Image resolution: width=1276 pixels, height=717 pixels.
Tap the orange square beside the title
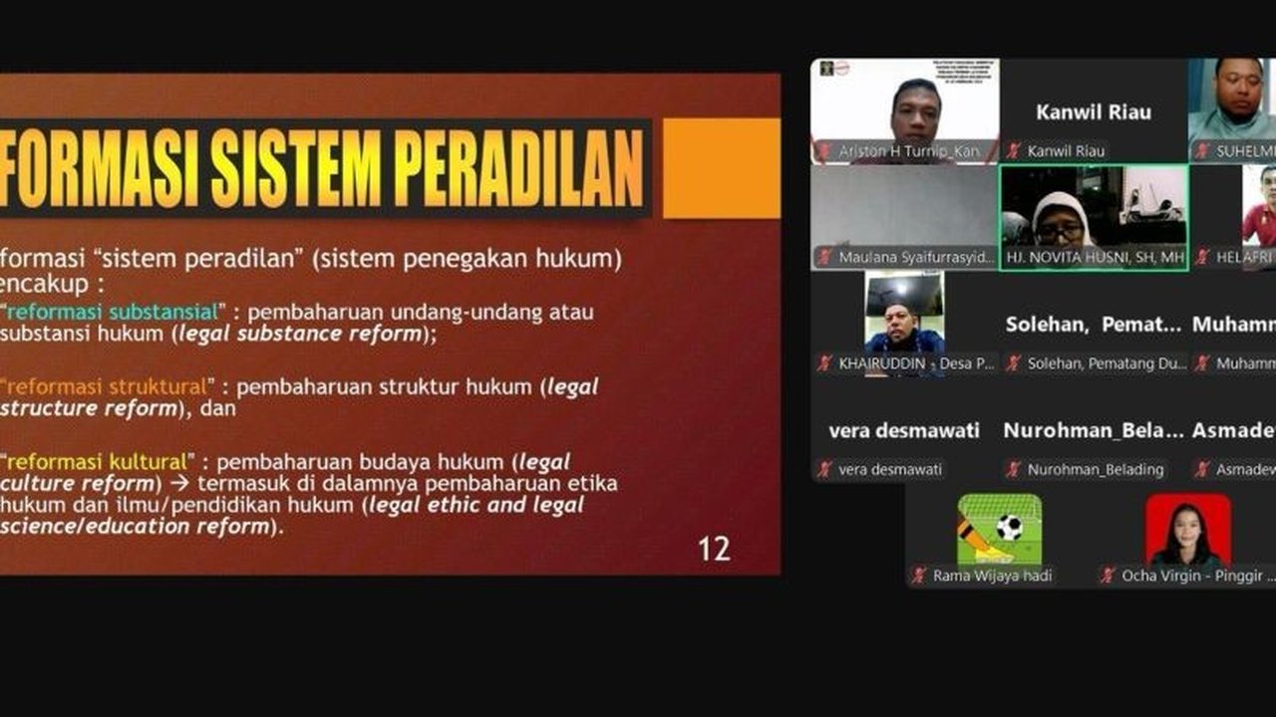tap(722, 168)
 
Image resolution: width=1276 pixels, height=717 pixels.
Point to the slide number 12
tap(714, 548)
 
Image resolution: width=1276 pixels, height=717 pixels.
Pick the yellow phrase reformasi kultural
tap(97, 462)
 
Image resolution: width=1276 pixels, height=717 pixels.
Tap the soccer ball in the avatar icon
tap(1010, 527)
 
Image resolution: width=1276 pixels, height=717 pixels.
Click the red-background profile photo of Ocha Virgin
tap(1187, 529)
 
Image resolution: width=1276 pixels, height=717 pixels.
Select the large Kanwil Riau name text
tap(1093, 112)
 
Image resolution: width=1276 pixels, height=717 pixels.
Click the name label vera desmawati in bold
tap(904, 431)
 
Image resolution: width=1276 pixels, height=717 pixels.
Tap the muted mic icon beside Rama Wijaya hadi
tap(919, 576)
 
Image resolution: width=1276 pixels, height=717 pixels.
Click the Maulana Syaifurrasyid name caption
tap(916, 257)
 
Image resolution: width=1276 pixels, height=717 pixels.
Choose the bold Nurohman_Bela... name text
tap(1093, 431)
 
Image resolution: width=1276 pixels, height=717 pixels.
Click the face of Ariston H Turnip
tap(916, 110)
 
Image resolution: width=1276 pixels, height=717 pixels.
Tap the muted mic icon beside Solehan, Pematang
tap(1014, 363)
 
